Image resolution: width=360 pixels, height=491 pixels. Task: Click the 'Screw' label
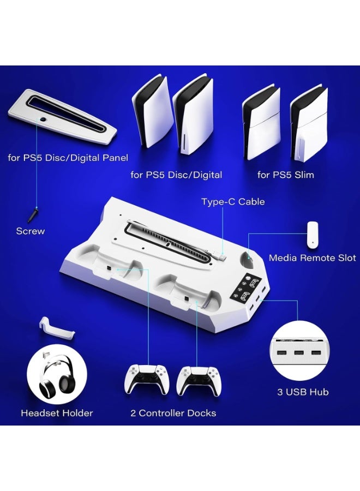(31, 231)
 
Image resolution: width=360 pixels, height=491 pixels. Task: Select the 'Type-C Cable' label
(233, 202)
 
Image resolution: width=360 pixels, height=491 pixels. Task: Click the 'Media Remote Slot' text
(313, 258)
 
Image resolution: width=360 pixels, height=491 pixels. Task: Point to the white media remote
(312, 233)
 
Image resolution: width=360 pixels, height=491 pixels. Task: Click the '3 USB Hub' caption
(303, 392)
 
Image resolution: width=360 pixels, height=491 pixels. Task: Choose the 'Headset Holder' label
(57, 413)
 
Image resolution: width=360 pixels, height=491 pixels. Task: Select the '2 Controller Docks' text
(173, 413)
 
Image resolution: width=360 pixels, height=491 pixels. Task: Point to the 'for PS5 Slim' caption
(285, 175)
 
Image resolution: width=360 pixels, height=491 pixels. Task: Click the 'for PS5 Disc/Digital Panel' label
(68, 158)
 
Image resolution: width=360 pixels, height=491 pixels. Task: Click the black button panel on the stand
(246, 287)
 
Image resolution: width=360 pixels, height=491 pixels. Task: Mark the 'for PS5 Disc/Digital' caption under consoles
(176, 175)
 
